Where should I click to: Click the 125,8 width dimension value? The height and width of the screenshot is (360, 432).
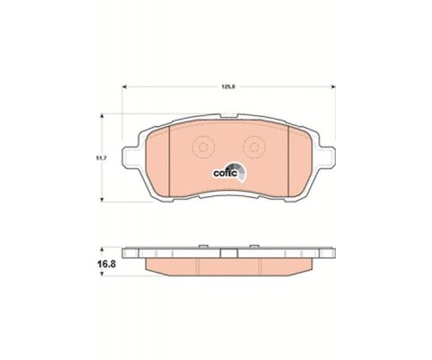coord(228,87)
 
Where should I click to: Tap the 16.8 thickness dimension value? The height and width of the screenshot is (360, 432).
coord(106,265)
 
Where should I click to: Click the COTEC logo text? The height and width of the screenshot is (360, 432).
coord(225,174)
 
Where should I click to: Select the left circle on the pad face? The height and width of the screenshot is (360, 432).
coord(203,148)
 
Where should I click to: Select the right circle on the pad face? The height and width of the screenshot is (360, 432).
coord(255,148)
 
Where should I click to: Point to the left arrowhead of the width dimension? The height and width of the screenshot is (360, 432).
coord(124,87)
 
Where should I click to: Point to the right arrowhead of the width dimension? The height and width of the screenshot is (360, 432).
coord(333,87)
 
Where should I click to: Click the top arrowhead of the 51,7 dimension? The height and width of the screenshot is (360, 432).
coord(102,116)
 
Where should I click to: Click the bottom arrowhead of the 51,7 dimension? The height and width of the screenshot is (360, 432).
coord(102,199)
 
